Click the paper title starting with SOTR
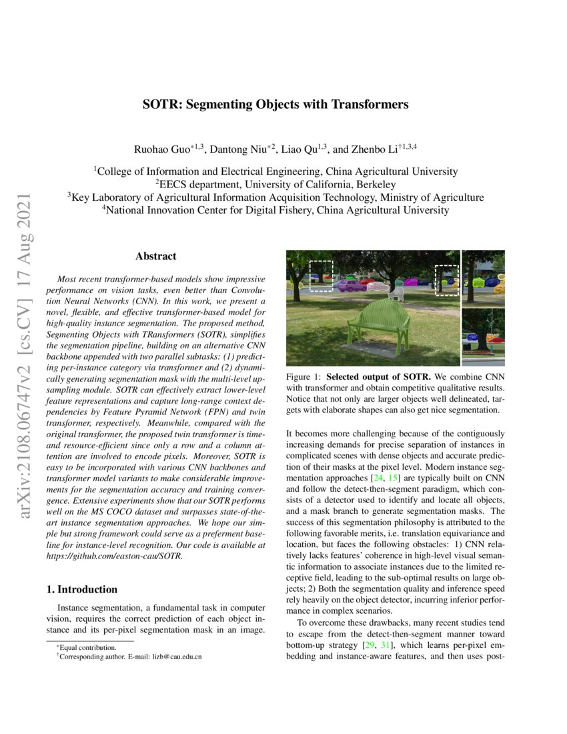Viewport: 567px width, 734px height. pos(275,105)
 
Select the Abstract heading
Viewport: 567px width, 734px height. pos(155,256)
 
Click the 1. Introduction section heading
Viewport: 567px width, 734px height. pos(82,589)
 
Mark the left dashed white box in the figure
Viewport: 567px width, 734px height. pos(321,276)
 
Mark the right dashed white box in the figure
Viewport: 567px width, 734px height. pos(446,280)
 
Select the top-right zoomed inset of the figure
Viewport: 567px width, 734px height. pos(482,277)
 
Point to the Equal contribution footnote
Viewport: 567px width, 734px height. pos(88,647)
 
